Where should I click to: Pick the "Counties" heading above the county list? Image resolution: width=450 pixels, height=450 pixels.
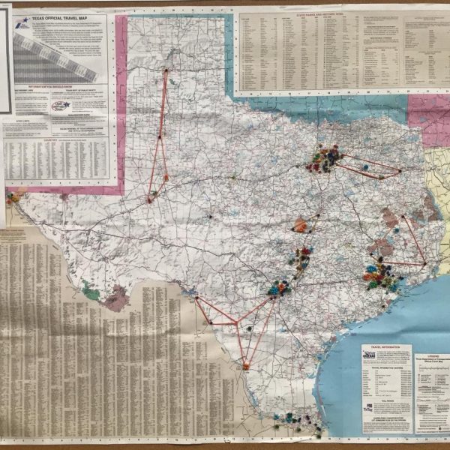coord(56,139)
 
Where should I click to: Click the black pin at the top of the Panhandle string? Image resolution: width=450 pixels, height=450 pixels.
coord(166,70)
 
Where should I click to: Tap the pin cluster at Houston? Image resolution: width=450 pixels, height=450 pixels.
coord(381,276)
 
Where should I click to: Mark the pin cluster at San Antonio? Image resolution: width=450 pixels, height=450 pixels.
coord(279,287)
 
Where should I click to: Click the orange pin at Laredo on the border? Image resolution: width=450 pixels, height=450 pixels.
coord(245,366)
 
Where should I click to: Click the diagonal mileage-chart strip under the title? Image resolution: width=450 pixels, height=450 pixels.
coord(56,56)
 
